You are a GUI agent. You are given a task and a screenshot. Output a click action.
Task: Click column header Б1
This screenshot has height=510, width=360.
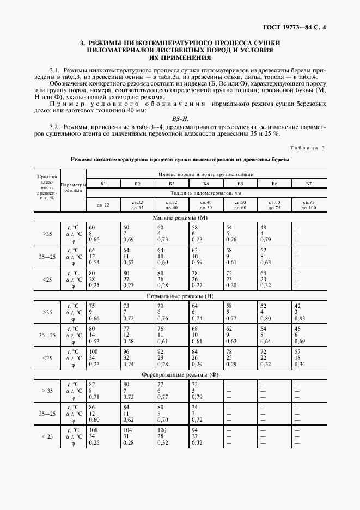pos(103,184)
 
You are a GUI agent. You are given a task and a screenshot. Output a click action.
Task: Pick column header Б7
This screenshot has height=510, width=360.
pos(308,184)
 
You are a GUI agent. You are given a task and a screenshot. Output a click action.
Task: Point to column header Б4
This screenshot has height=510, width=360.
pos(206,184)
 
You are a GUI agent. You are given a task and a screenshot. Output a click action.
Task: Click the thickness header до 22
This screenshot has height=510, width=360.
pos(103,205)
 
